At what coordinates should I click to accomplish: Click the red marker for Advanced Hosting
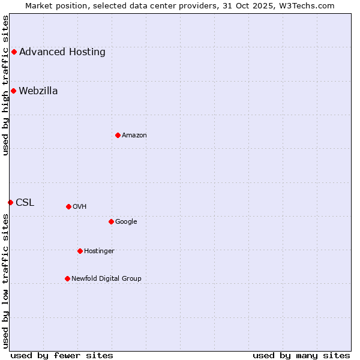pos(14,52)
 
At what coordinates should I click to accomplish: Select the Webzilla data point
pos(13,91)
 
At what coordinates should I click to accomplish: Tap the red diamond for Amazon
pos(118,135)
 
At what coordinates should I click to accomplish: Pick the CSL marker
pos(10,202)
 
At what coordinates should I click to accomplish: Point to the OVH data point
pos(68,206)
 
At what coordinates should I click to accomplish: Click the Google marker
pos(111,221)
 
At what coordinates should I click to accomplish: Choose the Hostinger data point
pos(80,251)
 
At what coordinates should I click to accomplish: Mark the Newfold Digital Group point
pos(67,278)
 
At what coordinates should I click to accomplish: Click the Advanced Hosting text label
pos(62,52)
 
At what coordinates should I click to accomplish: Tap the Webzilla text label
pos(38,91)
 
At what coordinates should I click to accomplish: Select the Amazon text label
pos(134,136)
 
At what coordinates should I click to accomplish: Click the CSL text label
pos(25,203)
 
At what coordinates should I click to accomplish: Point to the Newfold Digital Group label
pos(107,278)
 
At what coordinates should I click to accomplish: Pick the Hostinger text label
pos(99,251)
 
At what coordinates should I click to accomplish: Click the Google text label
pos(126,222)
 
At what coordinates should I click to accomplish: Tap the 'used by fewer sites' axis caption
pos(62,356)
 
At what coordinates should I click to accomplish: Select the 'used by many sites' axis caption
pos(301,356)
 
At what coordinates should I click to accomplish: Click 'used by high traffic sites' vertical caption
pos(6,85)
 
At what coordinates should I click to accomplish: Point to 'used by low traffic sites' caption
pos(6,281)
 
